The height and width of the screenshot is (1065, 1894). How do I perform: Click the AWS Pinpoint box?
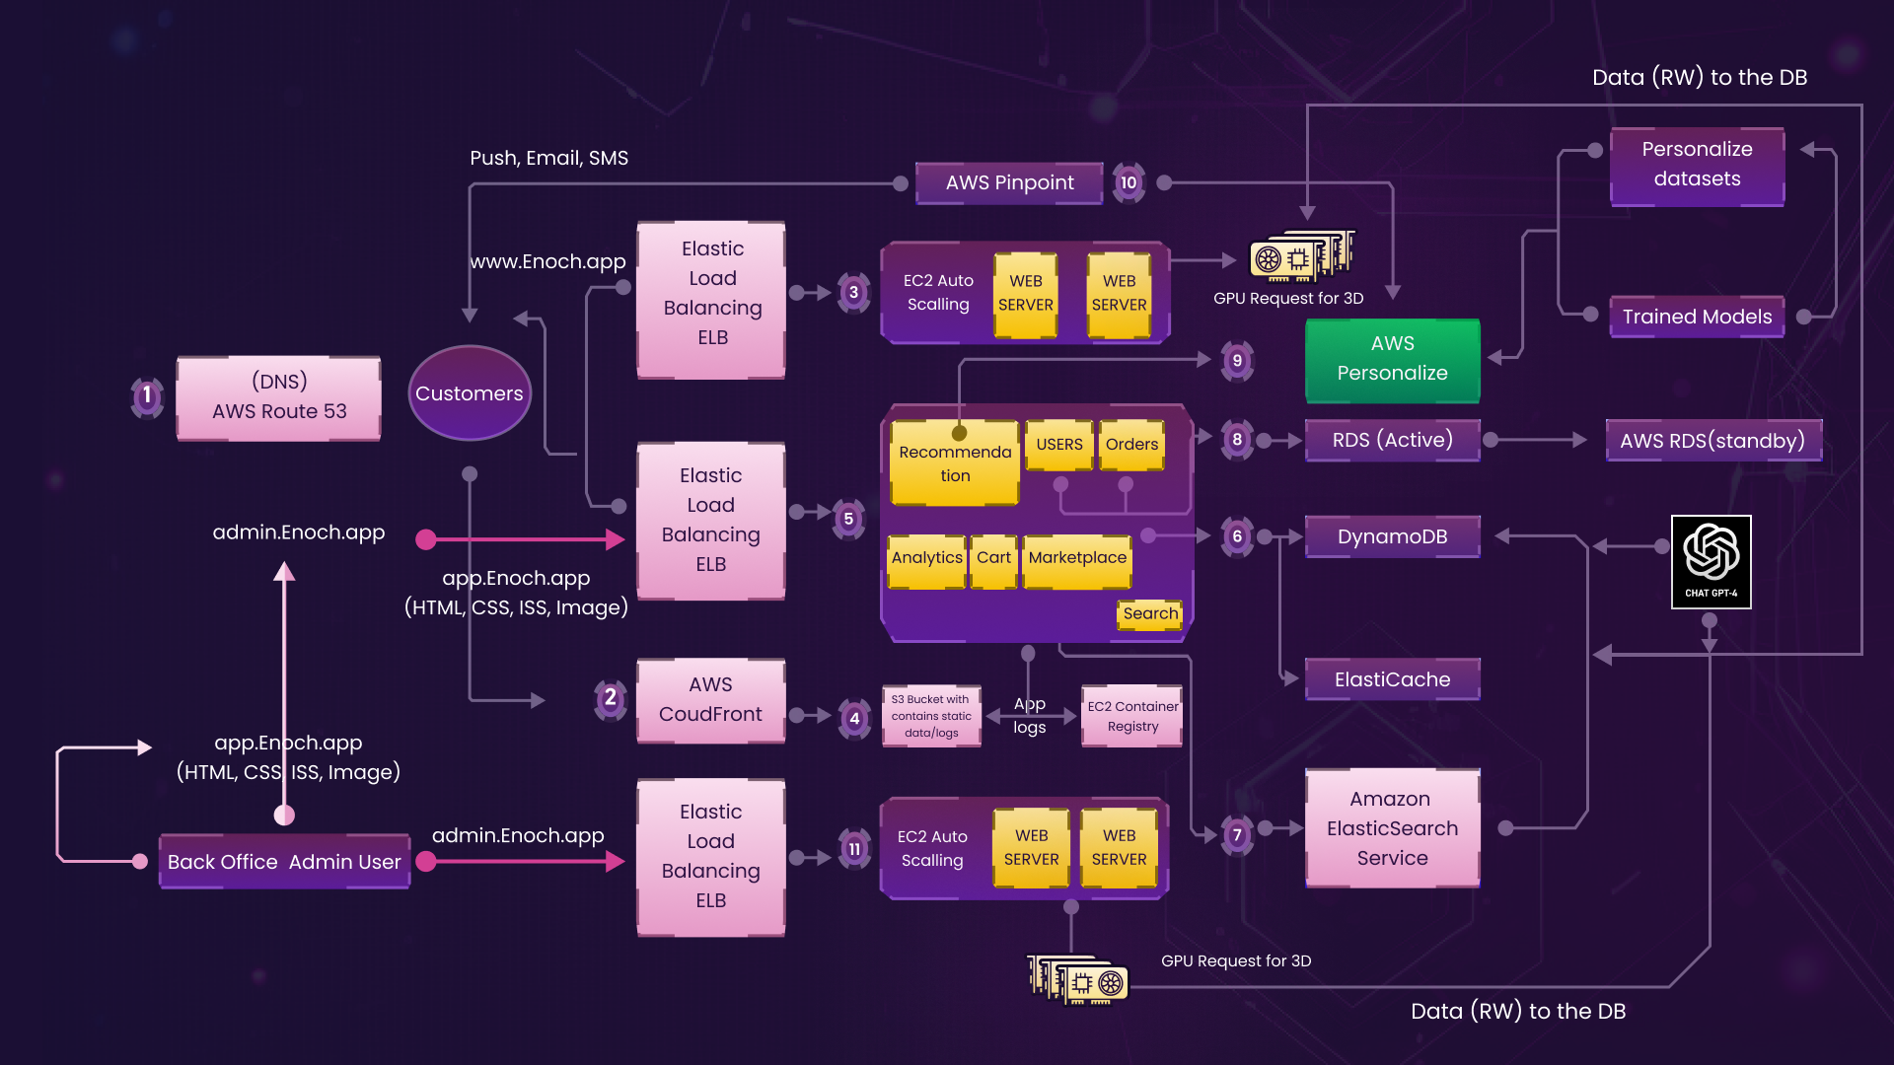(x=1009, y=183)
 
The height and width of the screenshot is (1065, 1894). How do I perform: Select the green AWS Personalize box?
(x=1392, y=359)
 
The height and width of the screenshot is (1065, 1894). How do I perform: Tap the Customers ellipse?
(x=470, y=393)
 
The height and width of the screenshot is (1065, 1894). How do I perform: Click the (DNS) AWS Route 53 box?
(x=279, y=397)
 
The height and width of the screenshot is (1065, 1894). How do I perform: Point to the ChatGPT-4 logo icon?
(x=1711, y=561)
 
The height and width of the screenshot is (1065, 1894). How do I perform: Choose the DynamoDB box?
(x=1392, y=536)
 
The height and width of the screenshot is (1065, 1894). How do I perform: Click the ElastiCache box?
(x=1392, y=679)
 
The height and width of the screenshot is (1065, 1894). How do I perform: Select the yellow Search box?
(x=1150, y=613)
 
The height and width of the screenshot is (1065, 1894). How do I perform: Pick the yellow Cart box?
(x=993, y=559)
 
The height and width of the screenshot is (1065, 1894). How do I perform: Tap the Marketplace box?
(x=1077, y=559)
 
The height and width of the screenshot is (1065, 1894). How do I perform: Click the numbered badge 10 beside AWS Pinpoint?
(x=1129, y=183)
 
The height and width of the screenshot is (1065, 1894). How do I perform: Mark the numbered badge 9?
(x=1237, y=361)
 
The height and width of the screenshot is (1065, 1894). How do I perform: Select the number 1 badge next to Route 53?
(x=147, y=396)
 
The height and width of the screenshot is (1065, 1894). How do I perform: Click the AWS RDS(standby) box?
(x=1712, y=441)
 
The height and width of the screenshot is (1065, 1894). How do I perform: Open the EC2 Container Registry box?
(x=1132, y=717)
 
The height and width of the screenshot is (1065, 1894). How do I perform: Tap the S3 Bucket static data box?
(x=931, y=717)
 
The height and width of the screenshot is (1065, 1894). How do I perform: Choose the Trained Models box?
(x=1697, y=317)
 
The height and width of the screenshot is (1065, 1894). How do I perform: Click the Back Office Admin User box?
(x=284, y=862)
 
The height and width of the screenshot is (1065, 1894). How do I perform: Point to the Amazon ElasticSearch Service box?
(x=1392, y=828)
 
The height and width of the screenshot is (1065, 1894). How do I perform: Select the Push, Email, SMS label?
(x=549, y=158)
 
